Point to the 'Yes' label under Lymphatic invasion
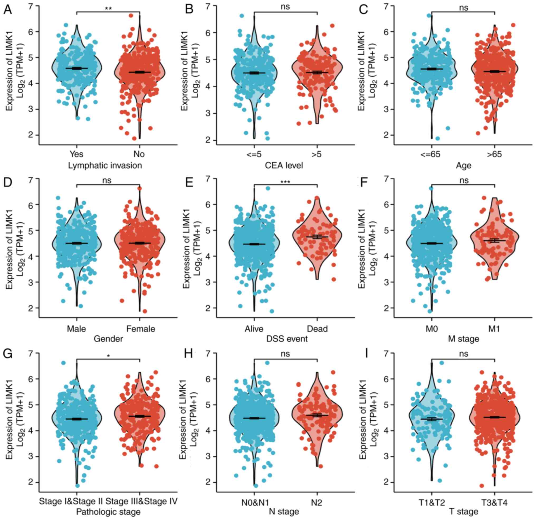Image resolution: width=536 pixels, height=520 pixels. point(77,154)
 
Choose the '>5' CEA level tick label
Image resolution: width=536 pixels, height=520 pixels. point(317,155)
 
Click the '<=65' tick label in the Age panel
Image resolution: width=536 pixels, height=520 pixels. point(432,155)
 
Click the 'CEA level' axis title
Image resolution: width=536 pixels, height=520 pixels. point(284,165)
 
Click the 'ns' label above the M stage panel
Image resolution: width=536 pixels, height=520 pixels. point(464,180)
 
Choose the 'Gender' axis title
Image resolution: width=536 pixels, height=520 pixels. point(108,339)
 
